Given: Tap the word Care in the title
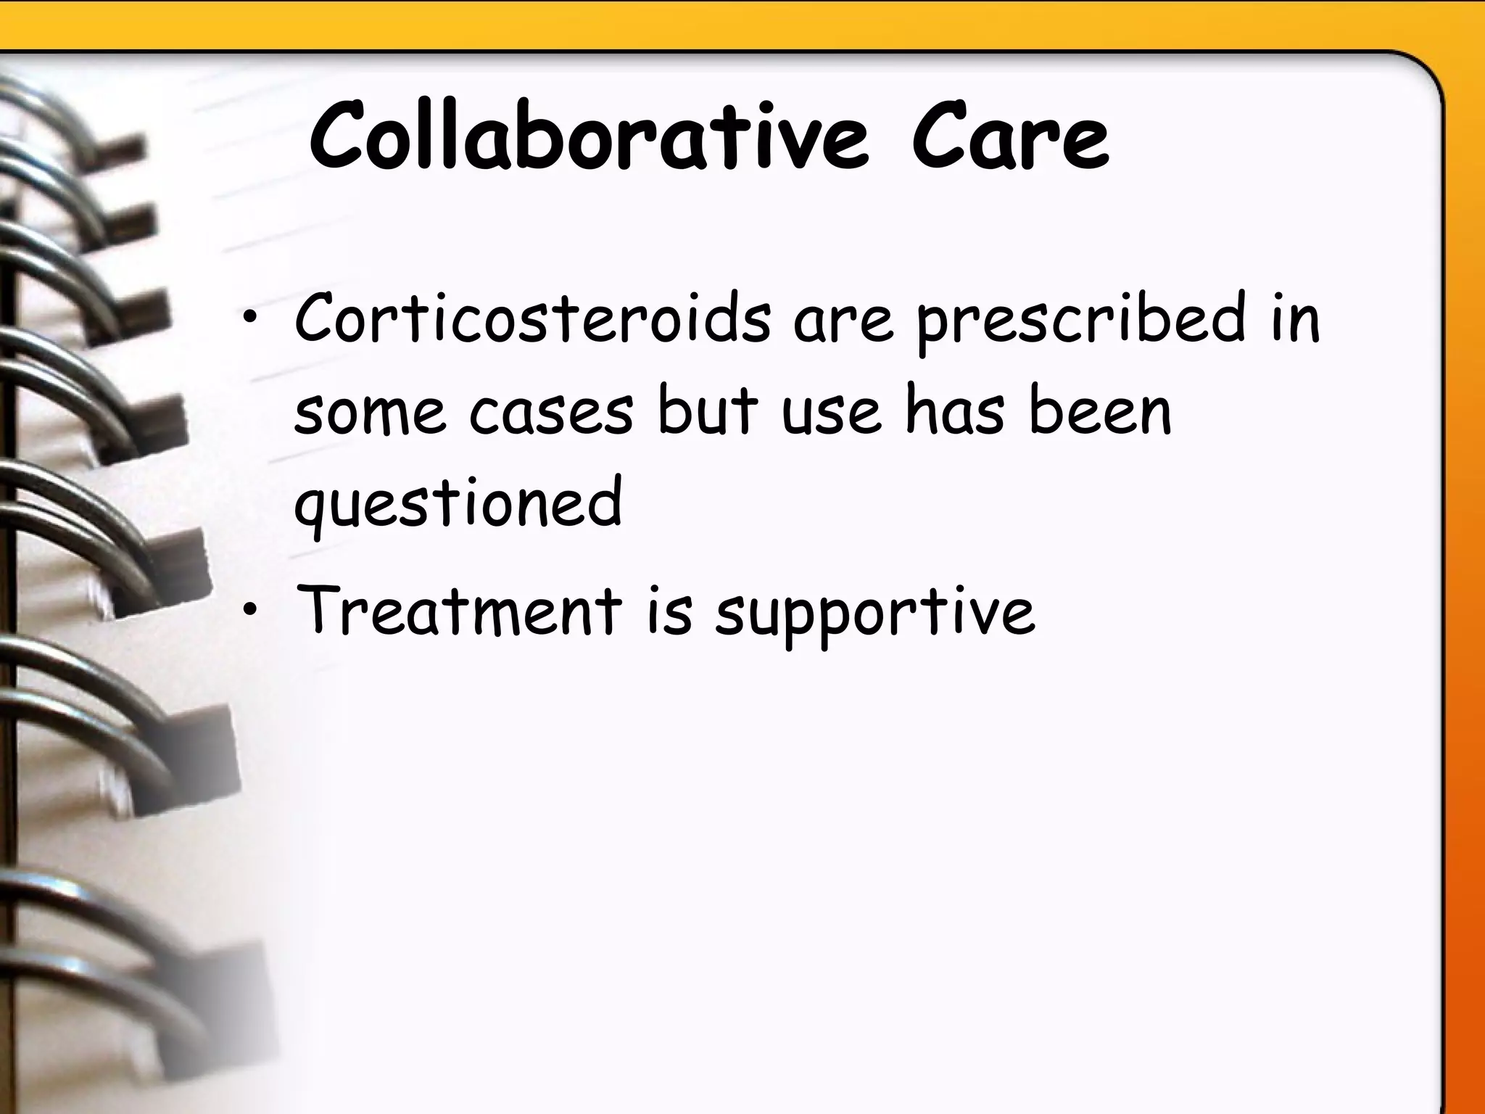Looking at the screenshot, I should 1010,138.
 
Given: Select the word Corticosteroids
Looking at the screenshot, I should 532,319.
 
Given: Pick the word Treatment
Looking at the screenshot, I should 459,611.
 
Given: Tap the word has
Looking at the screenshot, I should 956,411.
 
